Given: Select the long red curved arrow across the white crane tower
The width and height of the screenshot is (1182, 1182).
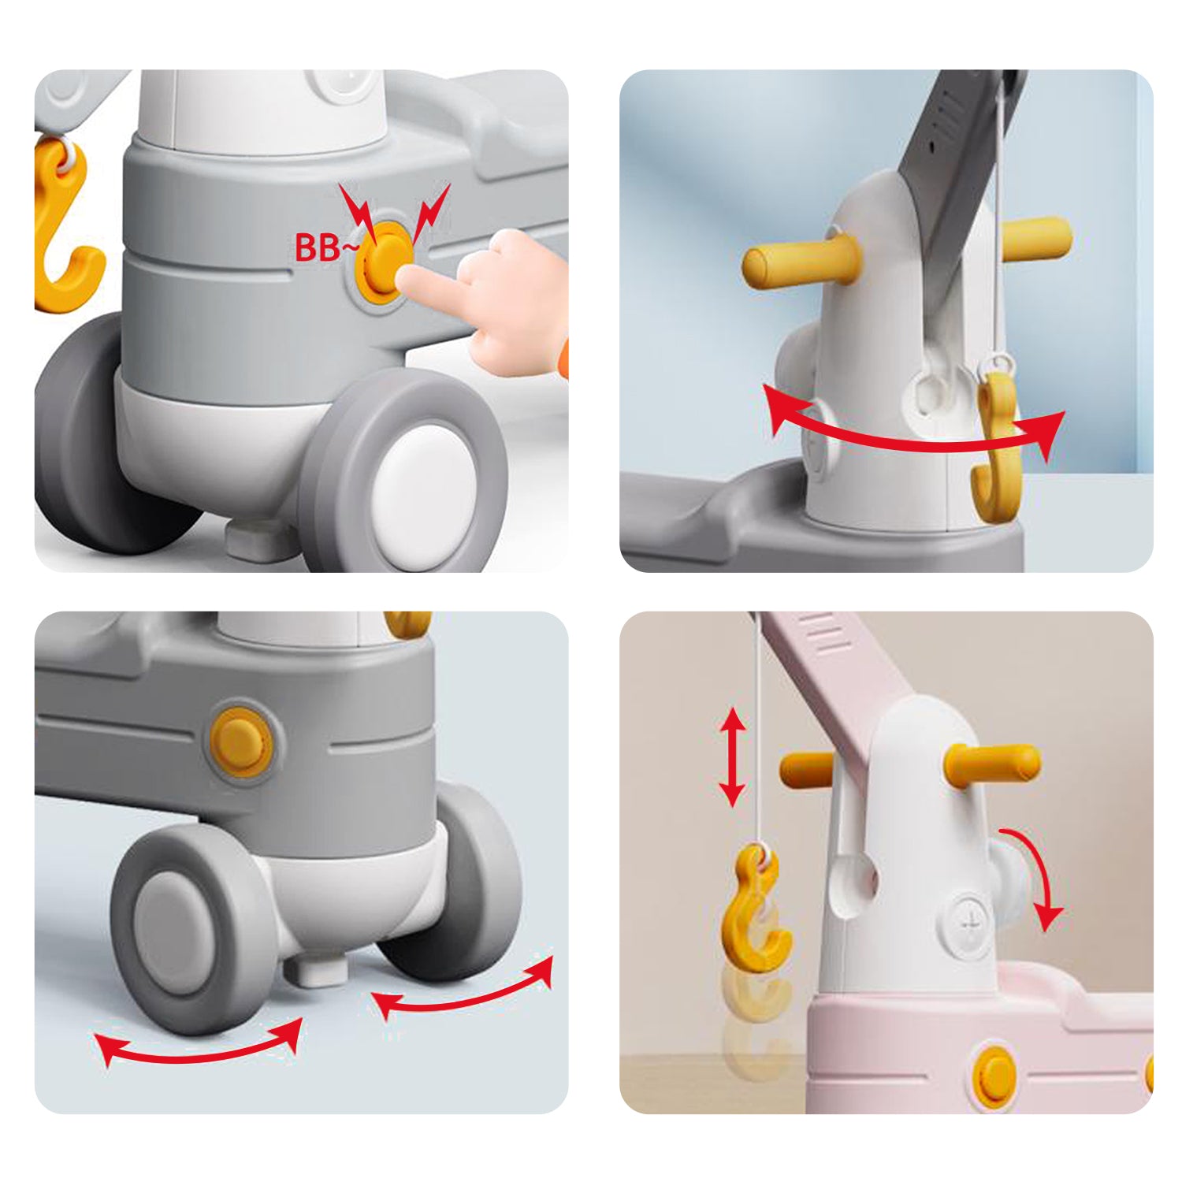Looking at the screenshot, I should point(914,437).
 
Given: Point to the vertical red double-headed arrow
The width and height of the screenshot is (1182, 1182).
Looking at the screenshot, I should point(733,756).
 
